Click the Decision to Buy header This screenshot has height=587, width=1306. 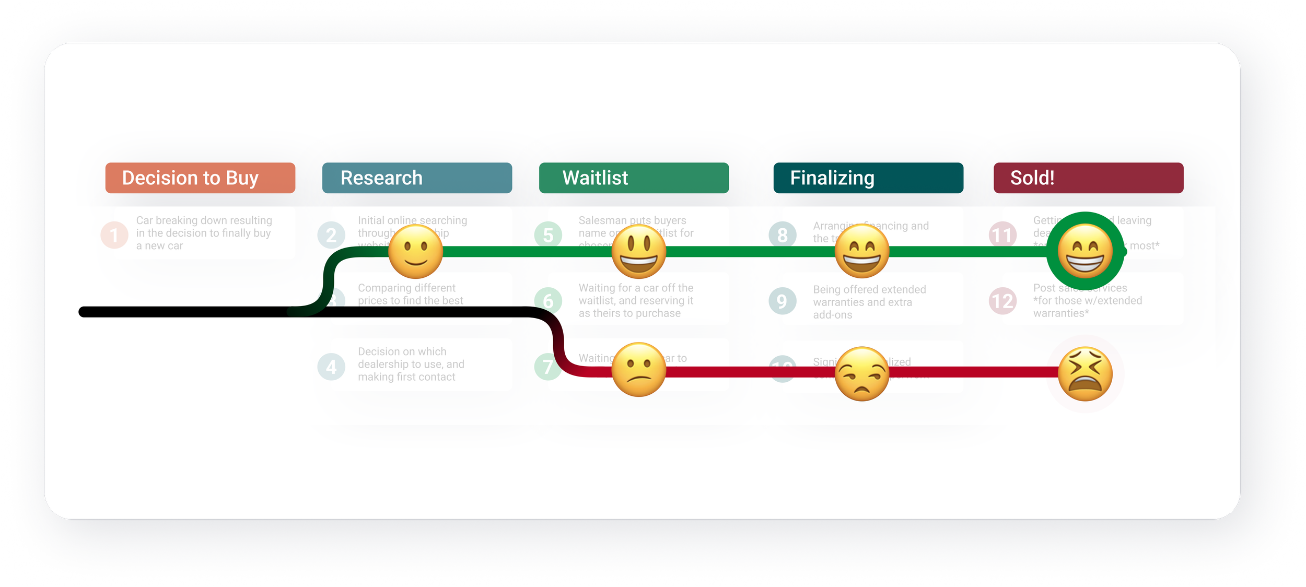pos(200,178)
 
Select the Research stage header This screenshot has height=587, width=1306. pos(417,178)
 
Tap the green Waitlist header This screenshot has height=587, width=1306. pos(634,178)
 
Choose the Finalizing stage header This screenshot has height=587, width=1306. pos(868,178)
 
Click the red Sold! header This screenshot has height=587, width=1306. pos(1088,178)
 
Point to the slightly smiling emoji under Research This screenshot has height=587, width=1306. pos(416,252)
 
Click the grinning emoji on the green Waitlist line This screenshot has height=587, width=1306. pos(638,252)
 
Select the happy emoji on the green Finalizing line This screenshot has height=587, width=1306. pos(862,252)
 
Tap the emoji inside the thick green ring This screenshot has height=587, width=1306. pos(1085,252)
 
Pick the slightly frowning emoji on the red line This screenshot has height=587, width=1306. pos(638,370)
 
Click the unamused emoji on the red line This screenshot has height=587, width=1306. pos(862,374)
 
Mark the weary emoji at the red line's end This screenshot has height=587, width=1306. pos(1085,374)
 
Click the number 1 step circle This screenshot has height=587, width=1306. pos(114,235)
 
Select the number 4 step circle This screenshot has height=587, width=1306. pos(331,367)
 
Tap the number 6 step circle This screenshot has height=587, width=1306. pos(548,301)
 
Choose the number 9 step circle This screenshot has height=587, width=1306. pos(782,301)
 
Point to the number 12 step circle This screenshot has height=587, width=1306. pos(1002,301)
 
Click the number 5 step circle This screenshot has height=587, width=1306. pos(548,235)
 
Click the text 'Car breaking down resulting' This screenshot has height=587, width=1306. pos(204,220)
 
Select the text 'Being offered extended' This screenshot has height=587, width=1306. pos(869,289)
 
